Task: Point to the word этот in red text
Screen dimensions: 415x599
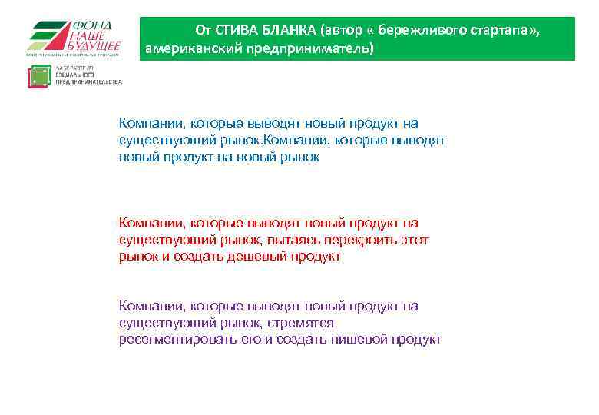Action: click(x=415, y=240)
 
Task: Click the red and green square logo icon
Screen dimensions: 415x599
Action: click(x=38, y=77)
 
